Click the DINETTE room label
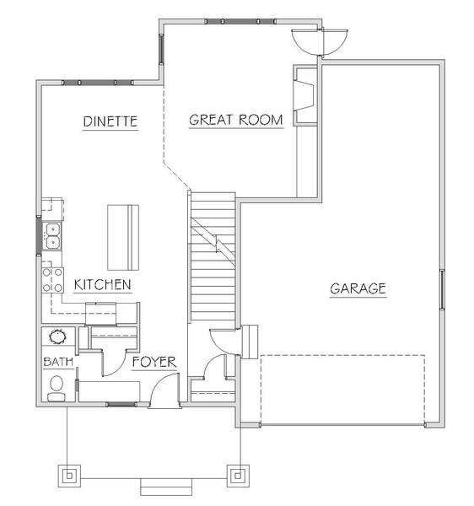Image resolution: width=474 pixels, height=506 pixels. tap(110, 121)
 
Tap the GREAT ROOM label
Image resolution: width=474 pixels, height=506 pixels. tap(236, 120)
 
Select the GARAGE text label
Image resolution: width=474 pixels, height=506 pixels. tap(358, 288)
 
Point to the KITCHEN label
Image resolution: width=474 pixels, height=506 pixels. tap(103, 285)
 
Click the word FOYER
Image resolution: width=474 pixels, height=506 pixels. tap(154, 362)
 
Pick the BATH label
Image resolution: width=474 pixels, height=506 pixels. tap(58, 362)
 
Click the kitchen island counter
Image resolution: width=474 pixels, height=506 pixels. tap(123, 237)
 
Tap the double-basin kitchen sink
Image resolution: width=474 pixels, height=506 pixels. tap(52, 236)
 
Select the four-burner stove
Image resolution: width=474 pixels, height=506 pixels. tap(52, 280)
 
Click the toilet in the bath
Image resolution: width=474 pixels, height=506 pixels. tap(57, 389)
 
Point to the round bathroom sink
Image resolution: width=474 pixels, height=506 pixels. tap(57, 336)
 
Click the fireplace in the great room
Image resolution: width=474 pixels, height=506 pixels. tap(305, 95)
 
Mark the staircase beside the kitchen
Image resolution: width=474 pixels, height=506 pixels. tap(213, 256)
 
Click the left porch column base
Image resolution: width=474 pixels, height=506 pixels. tap(69, 476)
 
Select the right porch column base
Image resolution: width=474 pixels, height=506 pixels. tap(238, 476)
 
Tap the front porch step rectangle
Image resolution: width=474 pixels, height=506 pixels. tap(166, 487)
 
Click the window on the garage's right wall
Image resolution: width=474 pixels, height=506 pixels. tap(443, 289)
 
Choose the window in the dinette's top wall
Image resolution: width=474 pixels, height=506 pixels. tap(98, 83)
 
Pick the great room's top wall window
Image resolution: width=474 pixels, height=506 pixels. tap(240, 22)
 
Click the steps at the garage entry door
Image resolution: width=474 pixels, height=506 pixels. tap(250, 342)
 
